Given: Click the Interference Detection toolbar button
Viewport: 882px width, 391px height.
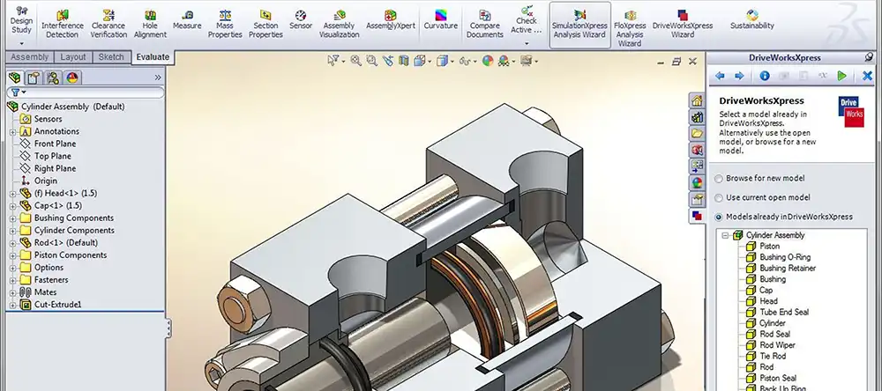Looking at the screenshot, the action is [x=63, y=24].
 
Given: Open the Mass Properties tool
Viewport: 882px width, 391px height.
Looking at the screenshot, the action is [x=225, y=24].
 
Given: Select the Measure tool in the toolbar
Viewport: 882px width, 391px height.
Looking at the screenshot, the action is [x=187, y=19].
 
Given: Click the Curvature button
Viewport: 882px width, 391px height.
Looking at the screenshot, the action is [x=440, y=19].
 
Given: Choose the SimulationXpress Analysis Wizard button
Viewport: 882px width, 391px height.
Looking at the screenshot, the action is [x=580, y=24].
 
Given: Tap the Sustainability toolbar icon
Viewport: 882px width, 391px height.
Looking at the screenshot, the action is [x=752, y=19].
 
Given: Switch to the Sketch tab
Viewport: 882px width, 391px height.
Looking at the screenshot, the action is [x=111, y=56].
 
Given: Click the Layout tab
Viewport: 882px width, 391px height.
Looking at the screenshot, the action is [x=73, y=56].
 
